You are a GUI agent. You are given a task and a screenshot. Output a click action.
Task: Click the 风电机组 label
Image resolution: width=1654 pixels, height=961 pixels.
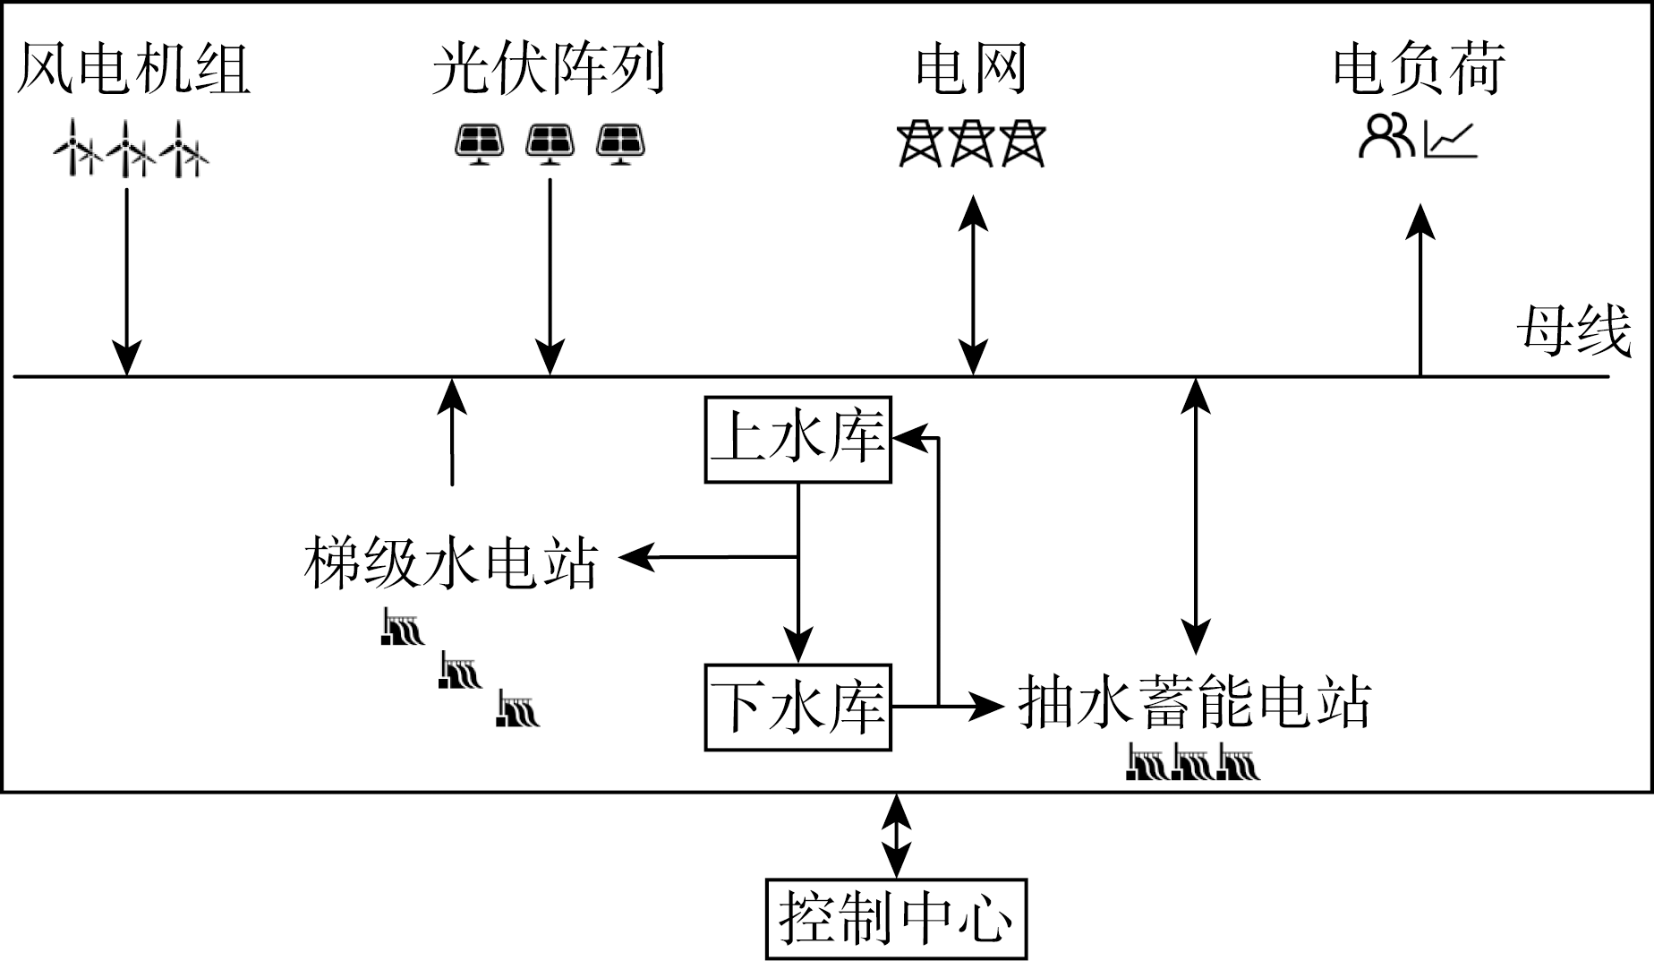pos(133,69)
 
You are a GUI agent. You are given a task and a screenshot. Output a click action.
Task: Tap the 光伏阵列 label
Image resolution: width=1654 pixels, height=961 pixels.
pos(549,69)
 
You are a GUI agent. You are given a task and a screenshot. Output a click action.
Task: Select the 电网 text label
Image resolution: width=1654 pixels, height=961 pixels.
pos(971,69)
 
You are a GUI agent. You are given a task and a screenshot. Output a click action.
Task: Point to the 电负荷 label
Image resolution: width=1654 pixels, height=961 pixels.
pos(1419,69)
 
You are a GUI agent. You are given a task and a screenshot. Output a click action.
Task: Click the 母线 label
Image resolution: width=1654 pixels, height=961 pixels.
pos(1573,331)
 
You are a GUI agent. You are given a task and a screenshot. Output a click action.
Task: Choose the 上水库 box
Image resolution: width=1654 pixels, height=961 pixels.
pos(797,440)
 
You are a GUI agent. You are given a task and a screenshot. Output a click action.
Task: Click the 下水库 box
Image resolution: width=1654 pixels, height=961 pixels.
pos(797,708)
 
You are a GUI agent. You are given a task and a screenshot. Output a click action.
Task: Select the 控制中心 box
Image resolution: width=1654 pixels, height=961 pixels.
pos(896,919)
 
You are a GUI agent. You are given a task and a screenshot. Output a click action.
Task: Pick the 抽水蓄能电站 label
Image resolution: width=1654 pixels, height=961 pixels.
pos(1195,703)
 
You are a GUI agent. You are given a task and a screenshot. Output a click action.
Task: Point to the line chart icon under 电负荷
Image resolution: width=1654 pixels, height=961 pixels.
pos(1451,142)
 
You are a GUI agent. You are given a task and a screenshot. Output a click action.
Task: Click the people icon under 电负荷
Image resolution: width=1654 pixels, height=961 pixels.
pos(1386,137)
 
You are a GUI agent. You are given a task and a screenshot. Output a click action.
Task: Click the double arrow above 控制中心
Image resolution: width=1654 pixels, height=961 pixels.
pos(896,836)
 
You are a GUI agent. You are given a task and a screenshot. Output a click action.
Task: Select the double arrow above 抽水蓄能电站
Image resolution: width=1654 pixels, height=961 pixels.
pos(1196,515)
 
